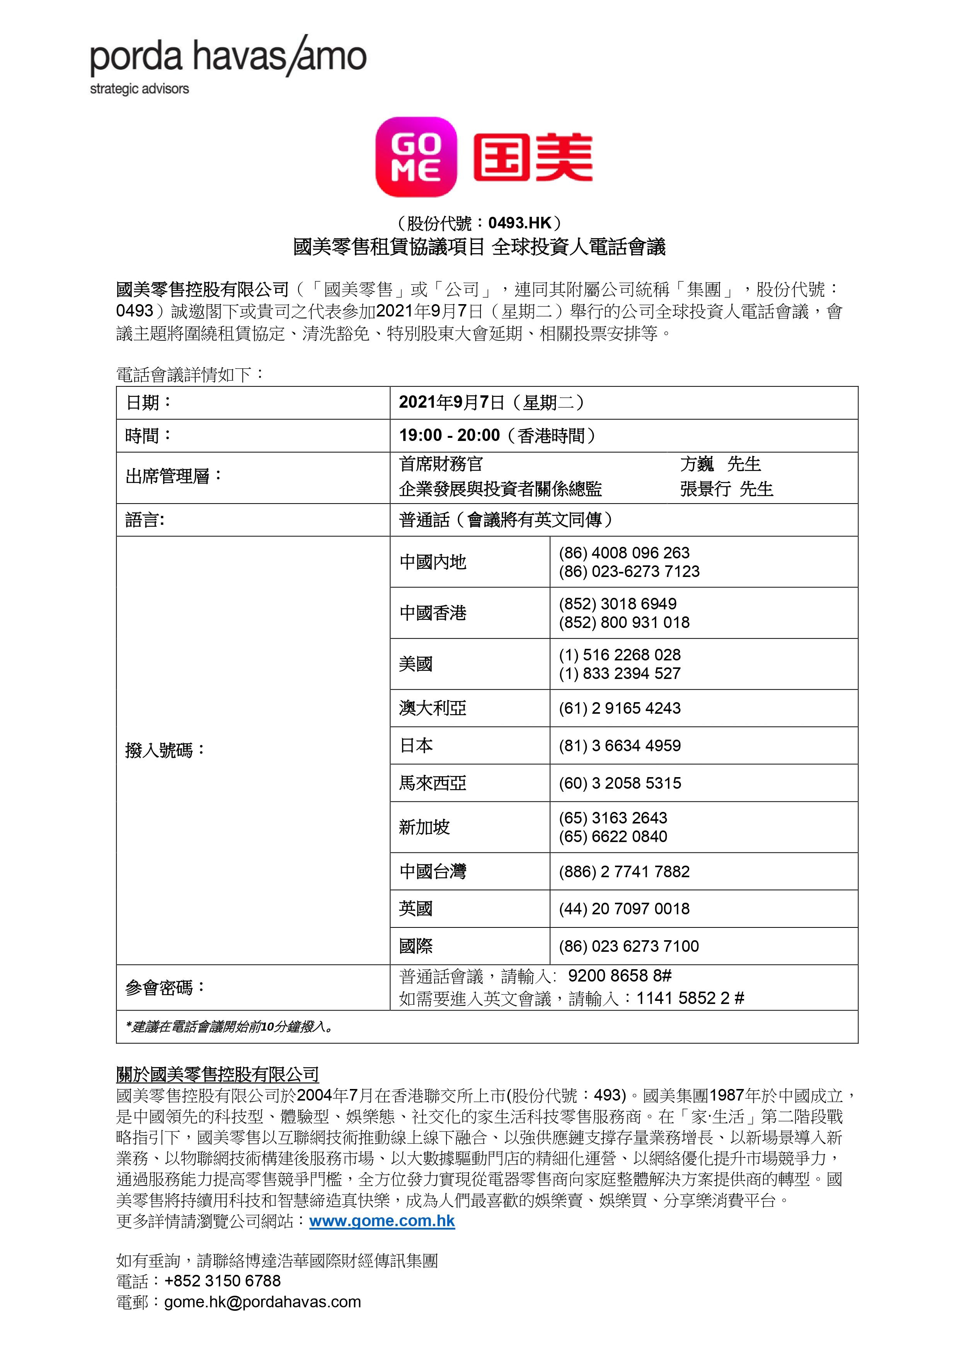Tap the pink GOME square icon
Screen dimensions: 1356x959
416,157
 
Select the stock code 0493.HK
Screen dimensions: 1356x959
520,223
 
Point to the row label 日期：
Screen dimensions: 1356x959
148,403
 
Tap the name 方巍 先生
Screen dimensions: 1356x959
720,464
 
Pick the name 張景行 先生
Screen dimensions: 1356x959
726,489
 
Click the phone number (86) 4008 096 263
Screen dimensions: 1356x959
624,553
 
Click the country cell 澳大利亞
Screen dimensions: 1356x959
433,708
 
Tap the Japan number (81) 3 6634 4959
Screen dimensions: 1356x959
620,745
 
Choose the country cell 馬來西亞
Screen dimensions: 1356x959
433,783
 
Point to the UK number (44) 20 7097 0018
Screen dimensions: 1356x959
624,909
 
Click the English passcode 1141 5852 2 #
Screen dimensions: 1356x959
690,998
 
